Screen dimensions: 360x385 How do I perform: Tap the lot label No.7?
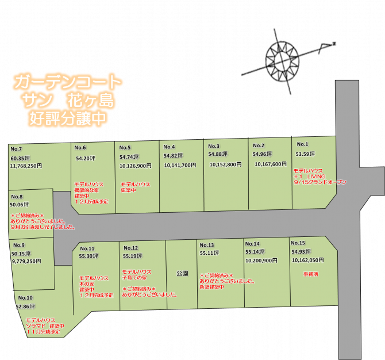coord(16,150)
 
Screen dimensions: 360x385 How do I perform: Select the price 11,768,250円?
coord(26,166)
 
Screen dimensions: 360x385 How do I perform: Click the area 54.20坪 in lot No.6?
coord(85,158)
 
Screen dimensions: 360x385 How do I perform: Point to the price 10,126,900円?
coord(136,166)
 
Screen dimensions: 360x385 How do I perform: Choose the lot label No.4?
coord(169,147)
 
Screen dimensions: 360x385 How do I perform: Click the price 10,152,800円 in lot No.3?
coord(225,164)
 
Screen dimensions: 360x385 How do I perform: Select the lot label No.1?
coord(302,144)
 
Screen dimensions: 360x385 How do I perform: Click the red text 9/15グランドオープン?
coord(320,182)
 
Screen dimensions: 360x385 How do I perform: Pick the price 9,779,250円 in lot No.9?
coord(26,261)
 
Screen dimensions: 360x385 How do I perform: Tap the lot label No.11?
coord(87,248)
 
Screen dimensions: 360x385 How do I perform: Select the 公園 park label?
coord(182,274)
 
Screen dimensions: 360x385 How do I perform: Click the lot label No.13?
coord(207,245)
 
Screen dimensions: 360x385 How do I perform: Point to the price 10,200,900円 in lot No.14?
coord(261,261)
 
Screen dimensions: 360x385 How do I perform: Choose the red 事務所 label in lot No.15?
coord(311,274)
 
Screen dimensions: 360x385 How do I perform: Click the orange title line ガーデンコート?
coord(67,81)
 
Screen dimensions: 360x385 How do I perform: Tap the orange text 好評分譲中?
coord(67,119)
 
